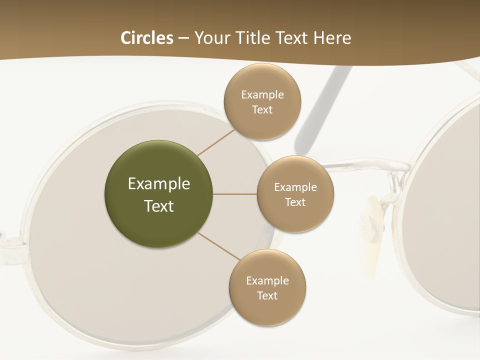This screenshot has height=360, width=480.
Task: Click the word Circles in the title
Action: [x=147, y=38]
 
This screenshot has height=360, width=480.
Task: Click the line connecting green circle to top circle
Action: [x=216, y=142]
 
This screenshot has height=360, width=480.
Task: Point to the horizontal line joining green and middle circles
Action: [x=235, y=194]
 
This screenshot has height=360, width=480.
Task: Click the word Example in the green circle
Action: [x=159, y=184]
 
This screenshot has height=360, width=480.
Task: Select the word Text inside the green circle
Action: [x=159, y=206]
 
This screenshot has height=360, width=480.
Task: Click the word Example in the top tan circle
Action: [x=262, y=95]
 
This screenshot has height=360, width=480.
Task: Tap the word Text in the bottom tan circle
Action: [x=267, y=296]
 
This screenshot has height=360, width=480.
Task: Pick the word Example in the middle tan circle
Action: [x=295, y=187]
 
